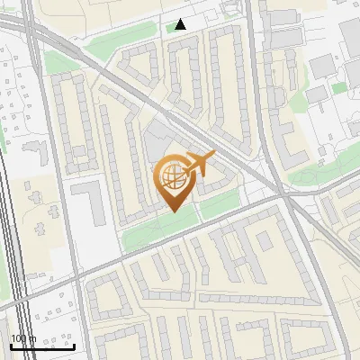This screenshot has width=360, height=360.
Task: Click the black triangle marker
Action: (181, 24)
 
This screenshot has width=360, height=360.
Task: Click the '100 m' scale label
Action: (23, 338)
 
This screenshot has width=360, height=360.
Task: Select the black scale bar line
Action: (42, 346)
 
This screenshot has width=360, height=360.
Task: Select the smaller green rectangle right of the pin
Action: (220, 206)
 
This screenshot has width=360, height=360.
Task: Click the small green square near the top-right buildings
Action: (338, 88)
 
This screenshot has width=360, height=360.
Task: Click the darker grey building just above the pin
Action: (155, 144)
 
